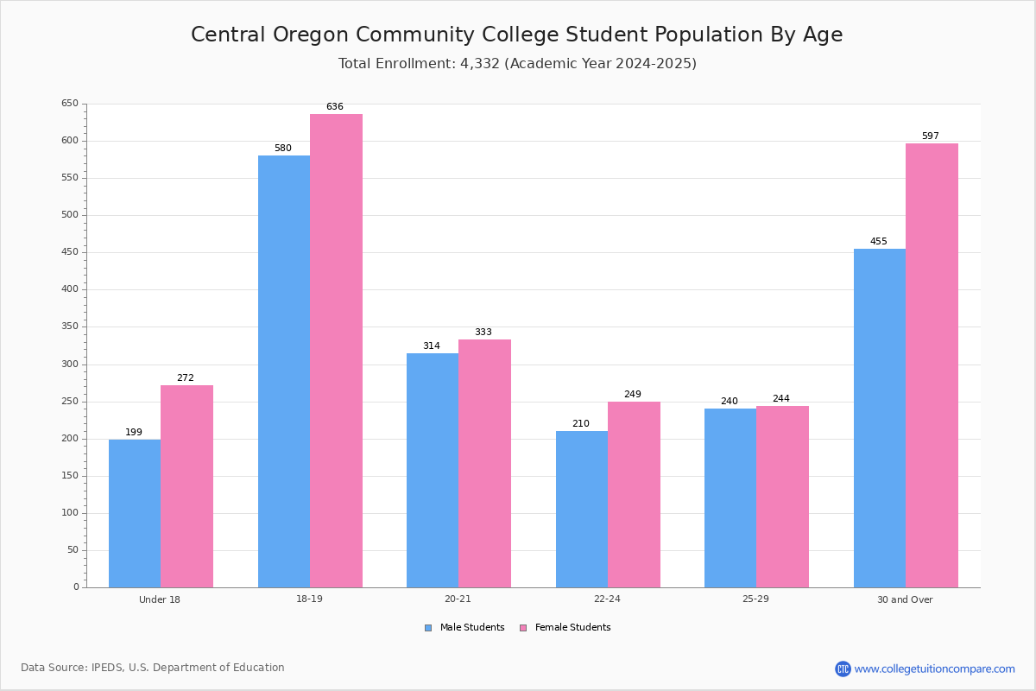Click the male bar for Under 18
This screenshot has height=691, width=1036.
click(135, 513)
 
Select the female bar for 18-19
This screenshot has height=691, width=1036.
click(336, 351)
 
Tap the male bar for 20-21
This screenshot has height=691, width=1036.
click(433, 470)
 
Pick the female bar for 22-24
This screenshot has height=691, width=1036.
click(634, 494)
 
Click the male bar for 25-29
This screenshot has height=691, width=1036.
click(730, 498)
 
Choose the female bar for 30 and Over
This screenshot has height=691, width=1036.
click(932, 365)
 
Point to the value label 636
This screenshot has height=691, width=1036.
click(335, 107)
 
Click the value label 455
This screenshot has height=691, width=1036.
click(879, 242)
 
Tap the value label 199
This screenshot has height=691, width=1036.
click(134, 433)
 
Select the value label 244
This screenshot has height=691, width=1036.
click(781, 399)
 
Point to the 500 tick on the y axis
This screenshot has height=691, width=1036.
click(69, 215)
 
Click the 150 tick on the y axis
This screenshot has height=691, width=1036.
click(69, 476)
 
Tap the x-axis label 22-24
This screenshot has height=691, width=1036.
click(607, 599)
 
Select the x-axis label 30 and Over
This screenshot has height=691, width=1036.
click(905, 599)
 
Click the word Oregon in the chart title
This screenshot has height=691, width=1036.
click(313, 35)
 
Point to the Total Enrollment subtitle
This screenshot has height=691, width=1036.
click(517, 64)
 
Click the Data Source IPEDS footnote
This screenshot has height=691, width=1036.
click(153, 668)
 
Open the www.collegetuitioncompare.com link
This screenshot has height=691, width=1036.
click(934, 669)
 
